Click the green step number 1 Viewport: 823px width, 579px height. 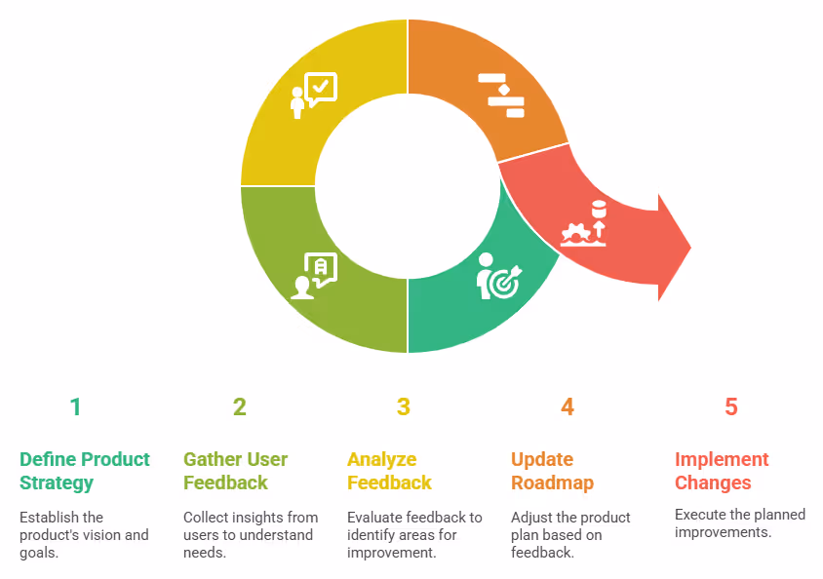coord(75,407)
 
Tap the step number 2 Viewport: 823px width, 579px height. coord(239,407)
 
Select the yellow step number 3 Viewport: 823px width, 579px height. coord(403,407)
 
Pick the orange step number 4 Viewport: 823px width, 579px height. coord(567,407)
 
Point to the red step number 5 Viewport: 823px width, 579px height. coord(730,407)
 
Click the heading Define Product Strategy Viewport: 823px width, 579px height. coord(85,471)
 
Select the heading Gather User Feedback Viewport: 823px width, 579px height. coord(235,471)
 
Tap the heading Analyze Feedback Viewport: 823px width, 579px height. coord(389,471)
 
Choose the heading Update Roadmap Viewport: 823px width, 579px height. coord(552,471)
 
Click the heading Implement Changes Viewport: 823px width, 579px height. coord(722,471)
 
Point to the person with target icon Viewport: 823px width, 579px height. coord(498,276)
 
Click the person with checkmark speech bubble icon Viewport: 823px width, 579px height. coord(313,96)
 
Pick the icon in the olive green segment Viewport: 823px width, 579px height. coord(314,276)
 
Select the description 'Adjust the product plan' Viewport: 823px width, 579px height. coord(570,535)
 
